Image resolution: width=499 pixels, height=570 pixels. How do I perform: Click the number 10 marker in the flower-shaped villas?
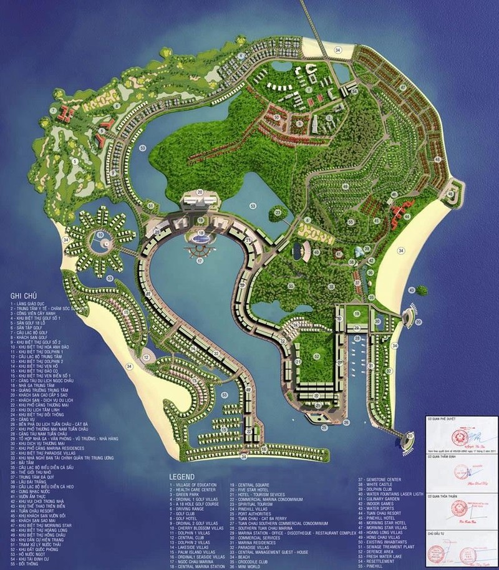pos(100,235)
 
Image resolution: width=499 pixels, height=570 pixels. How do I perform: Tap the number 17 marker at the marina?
pos(200,261)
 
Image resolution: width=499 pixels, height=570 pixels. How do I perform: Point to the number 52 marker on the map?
pos(317,357)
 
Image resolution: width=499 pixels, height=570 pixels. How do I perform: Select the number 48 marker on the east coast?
pos(438,160)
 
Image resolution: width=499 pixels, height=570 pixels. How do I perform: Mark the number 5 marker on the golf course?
pos(74,162)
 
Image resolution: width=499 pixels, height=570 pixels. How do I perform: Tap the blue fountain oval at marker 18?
pos(200,238)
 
